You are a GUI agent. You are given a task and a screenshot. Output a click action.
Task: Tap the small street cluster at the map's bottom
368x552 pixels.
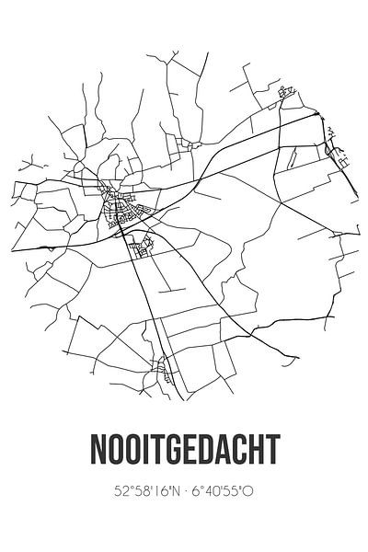[x=163, y=371]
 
